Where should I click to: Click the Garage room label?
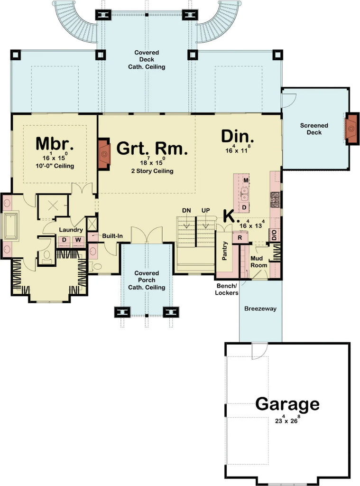tap(287, 404)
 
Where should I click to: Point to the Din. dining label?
tap(238, 137)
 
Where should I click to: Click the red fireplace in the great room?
tap(104, 154)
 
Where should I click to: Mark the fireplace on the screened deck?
tap(352, 128)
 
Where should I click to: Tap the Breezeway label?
tap(260, 308)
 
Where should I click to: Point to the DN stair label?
tap(186, 210)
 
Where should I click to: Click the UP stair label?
tap(206, 210)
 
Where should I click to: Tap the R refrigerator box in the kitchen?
tap(240, 237)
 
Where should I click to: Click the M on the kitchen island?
tap(245, 180)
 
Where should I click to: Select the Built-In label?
tap(113, 235)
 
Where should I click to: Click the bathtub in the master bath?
tap(10, 227)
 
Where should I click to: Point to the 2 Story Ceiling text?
tap(152, 171)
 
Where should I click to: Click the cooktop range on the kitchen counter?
tap(274, 199)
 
